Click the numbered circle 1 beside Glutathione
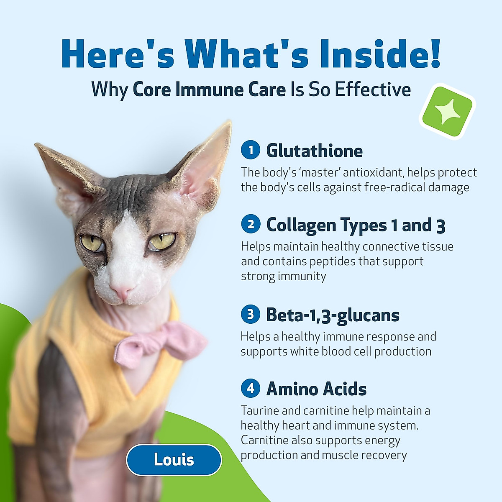(x=251, y=150)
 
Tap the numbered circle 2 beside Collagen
(x=251, y=224)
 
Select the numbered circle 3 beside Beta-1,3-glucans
(x=251, y=314)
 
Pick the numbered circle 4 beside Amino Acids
(x=251, y=388)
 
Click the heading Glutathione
(x=315, y=151)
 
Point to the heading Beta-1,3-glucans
(x=333, y=315)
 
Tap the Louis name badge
(x=174, y=460)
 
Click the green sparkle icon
(x=448, y=112)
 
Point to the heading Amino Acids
(x=316, y=389)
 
